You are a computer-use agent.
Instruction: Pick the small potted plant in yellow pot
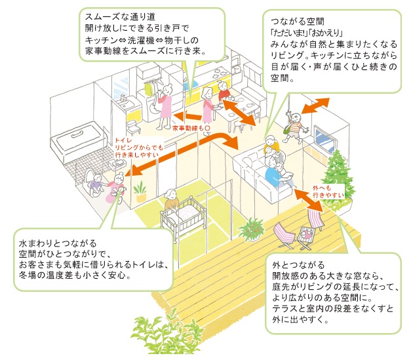140,192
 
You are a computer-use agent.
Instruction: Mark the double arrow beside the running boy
317,104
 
